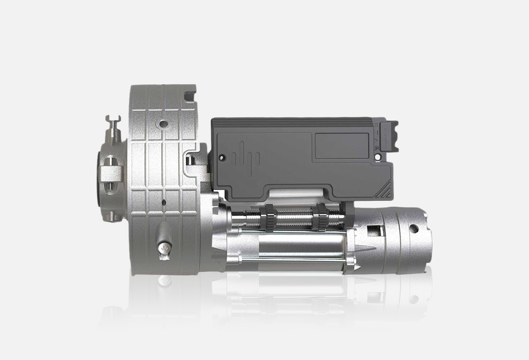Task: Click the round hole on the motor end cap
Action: pos(412,228)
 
